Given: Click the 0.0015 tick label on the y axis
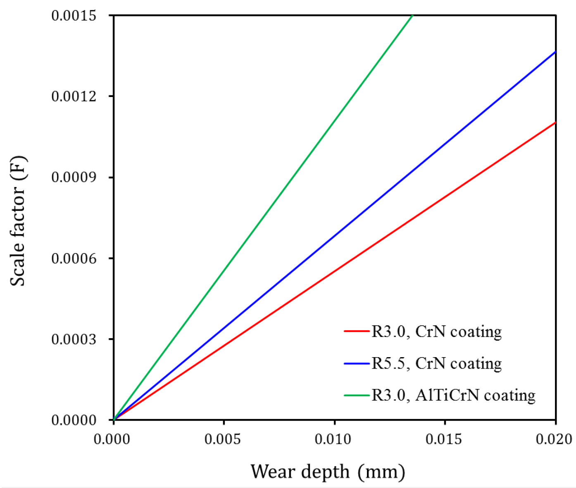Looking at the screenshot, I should [74, 16].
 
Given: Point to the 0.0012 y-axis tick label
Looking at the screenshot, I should [74, 97].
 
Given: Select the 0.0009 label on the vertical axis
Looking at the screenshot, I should [74, 178].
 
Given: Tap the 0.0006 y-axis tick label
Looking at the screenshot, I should [74, 259].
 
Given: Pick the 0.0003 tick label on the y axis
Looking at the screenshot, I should [74, 339].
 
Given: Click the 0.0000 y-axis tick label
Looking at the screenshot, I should [74, 420].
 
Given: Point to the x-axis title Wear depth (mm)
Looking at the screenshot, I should [328, 471].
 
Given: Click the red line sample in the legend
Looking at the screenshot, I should [356, 331].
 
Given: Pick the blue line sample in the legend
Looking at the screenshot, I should [356, 363].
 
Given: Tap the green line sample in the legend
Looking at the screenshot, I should [356, 396].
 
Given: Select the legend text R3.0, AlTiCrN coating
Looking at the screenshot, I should [453, 395].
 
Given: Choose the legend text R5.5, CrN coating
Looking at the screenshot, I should [437, 363].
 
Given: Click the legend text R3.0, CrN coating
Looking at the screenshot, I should [437, 332].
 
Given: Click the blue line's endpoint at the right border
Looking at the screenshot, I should [555, 52].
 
